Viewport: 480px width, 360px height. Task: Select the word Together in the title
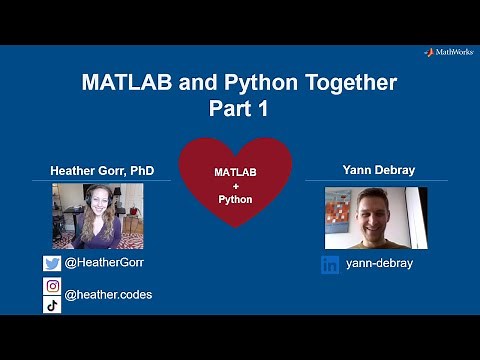pyautogui.click(x=343, y=82)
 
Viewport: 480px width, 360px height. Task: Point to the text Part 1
pyautogui.click(x=239, y=106)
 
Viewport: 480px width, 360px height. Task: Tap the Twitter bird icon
pyautogui.click(x=52, y=264)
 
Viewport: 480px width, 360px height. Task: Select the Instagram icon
pyautogui.click(x=52, y=286)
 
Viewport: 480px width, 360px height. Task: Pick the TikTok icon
pyautogui.click(x=52, y=305)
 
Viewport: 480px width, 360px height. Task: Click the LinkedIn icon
pyautogui.click(x=330, y=265)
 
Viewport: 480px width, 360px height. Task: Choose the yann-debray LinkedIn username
pyautogui.click(x=379, y=264)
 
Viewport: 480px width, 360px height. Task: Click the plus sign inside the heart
pyautogui.click(x=236, y=186)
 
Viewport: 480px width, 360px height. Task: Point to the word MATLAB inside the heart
pyautogui.click(x=236, y=173)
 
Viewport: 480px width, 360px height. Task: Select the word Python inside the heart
pyautogui.click(x=236, y=199)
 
